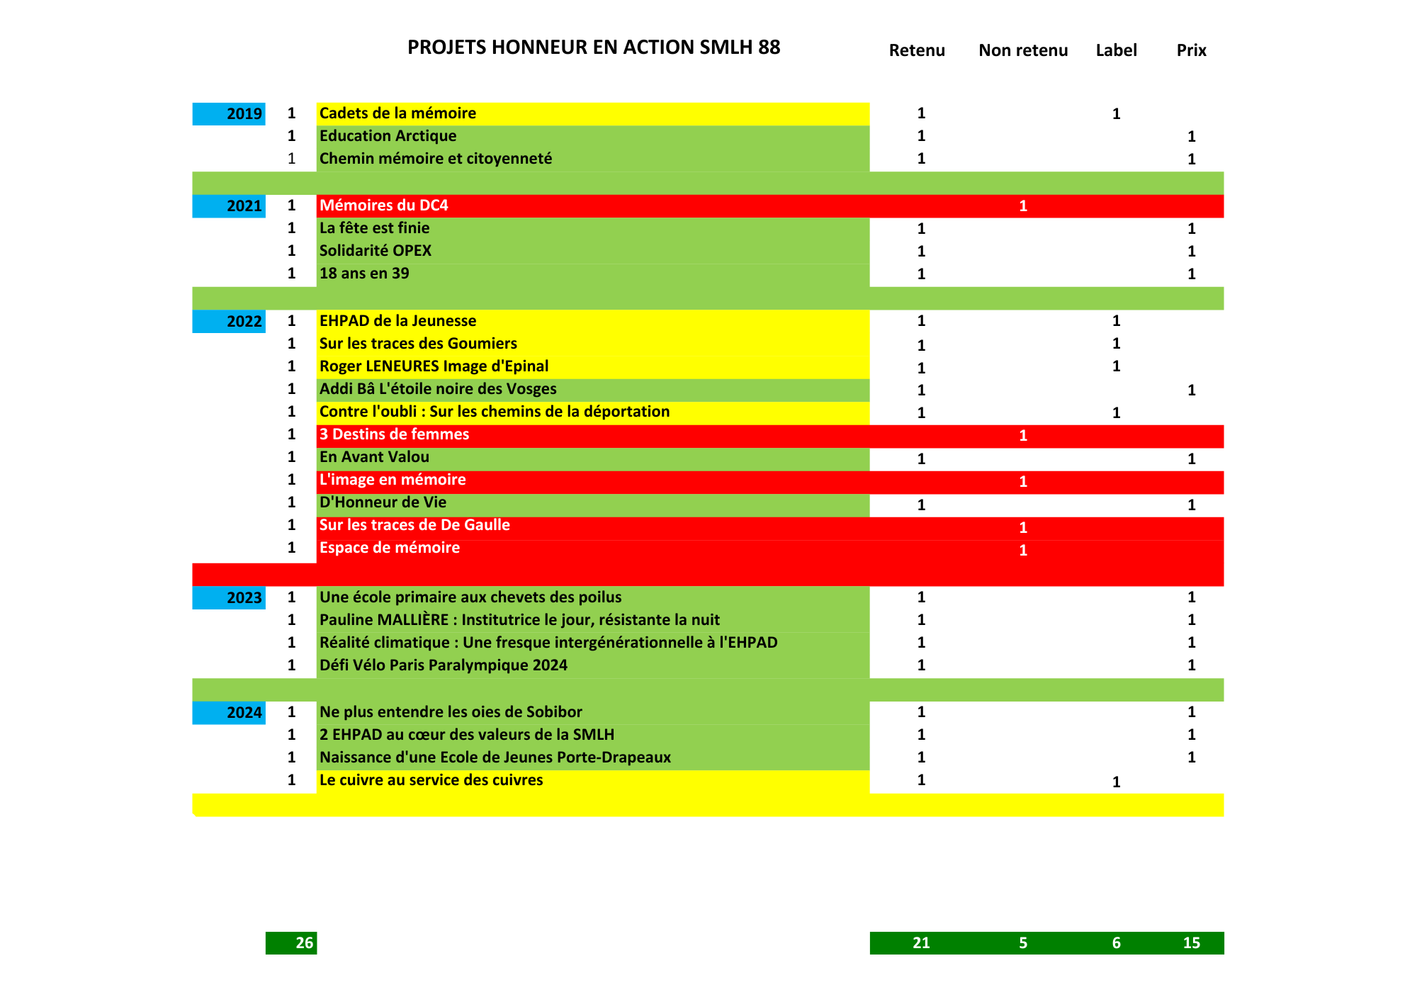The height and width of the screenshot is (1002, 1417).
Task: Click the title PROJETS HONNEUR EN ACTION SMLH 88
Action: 594,47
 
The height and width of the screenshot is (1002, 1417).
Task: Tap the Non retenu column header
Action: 1023,50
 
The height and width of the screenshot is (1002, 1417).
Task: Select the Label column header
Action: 1116,50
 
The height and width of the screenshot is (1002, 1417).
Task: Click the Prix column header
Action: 1191,50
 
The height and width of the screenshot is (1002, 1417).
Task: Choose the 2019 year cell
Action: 230,113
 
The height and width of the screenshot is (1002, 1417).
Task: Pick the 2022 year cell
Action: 230,321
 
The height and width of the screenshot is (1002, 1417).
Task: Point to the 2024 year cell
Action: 230,712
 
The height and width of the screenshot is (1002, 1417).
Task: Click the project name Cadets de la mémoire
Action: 397,113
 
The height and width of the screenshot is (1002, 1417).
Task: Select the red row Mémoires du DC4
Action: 384,206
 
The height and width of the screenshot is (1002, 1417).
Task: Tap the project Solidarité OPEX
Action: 376,251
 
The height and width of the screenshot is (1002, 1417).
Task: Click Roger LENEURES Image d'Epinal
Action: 434,366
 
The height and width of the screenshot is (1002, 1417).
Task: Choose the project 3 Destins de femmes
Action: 394,434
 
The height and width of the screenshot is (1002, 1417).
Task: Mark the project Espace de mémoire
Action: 390,548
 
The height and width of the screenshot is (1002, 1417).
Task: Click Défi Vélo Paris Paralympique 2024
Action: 444,665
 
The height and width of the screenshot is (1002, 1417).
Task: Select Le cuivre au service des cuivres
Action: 431,780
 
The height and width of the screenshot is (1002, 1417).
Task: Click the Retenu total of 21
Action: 921,943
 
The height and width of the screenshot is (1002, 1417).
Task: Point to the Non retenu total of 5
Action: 1023,943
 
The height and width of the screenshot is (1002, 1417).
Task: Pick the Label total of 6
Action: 1116,943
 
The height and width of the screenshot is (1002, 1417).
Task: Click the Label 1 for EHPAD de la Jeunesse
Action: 1116,321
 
